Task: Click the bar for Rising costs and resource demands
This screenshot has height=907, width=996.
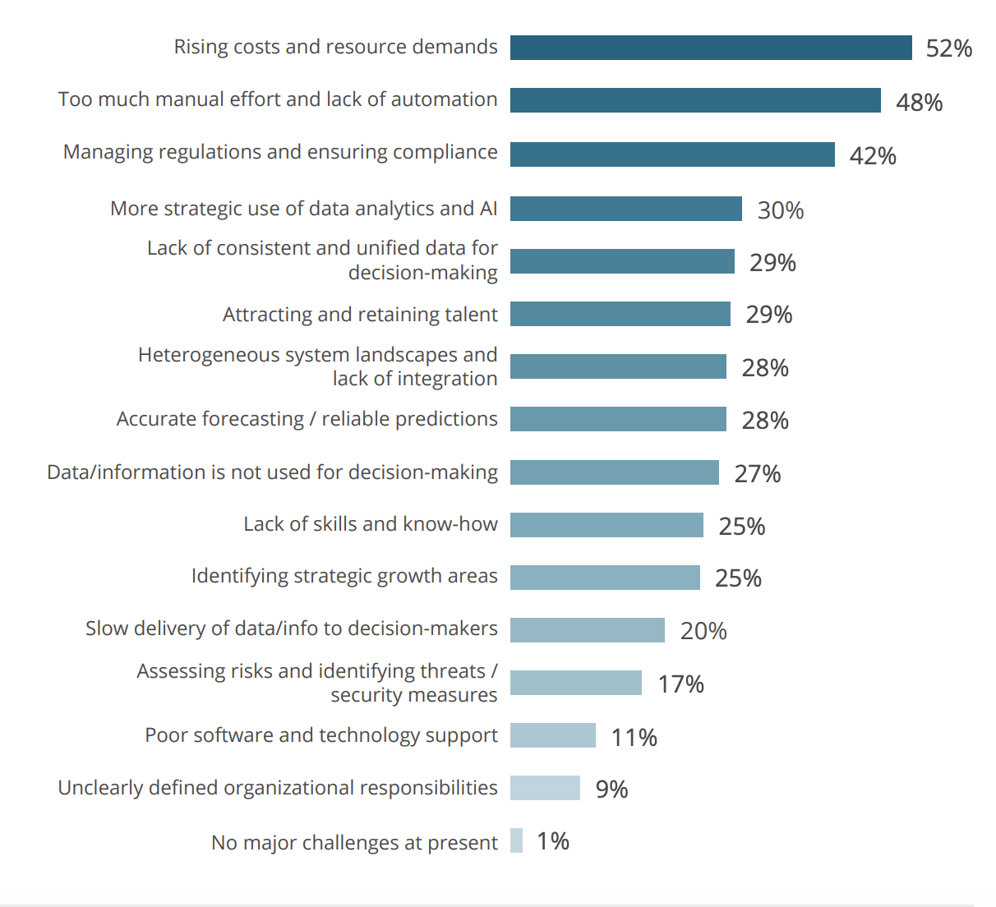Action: [711, 48]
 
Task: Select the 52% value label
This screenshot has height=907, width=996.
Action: [948, 48]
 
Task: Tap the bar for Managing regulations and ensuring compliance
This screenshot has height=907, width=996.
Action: [672, 154]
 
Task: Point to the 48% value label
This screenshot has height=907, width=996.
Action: [919, 103]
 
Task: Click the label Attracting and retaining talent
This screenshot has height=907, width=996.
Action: [360, 315]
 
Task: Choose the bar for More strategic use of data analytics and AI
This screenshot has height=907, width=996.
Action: [625, 209]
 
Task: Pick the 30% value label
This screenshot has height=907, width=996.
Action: [780, 210]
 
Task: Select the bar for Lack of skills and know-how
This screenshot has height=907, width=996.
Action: [606, 525]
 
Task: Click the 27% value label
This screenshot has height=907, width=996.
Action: [757, 474]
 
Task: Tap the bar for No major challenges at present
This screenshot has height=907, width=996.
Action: [516, 840]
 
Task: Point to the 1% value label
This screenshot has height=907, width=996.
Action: [553, 841]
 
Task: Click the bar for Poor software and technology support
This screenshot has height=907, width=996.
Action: [552, 735]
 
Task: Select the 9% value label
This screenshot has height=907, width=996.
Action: [611, 790]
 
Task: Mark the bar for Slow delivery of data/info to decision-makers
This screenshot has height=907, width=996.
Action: [587, 630]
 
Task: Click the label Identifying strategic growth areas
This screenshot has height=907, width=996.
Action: [344, 576]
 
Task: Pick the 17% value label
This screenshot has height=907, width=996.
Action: [680, 684]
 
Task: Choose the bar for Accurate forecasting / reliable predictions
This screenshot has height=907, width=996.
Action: [618, 419]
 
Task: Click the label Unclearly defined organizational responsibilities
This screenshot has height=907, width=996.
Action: [278, 788]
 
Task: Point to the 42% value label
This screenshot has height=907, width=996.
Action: [872, 156]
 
